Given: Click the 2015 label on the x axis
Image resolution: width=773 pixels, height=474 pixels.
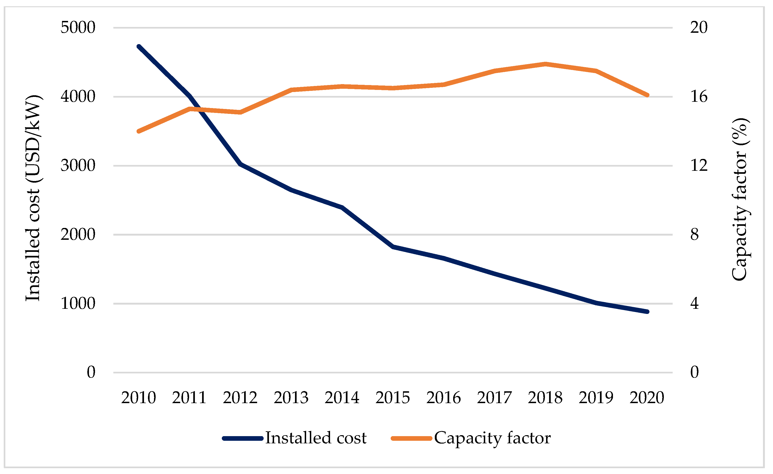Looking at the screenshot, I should pyautogui.click(x=393, y=398).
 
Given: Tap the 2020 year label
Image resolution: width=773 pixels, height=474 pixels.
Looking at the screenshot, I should pyautogui.click(x=647, y=398).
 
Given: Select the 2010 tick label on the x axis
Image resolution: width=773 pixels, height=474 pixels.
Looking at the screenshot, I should pyautogui.click(x=138, y=398).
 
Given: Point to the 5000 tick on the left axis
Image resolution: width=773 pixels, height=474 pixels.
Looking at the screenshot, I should pyautogui.click(x=78, y=27).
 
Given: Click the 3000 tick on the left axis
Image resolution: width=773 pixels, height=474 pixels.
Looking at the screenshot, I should pyautogui.click(x=78, y=165).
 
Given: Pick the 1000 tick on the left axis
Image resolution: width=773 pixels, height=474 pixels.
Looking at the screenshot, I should pyautogui.click(x=78, y=303).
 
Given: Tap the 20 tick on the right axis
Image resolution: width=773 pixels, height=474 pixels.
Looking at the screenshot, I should pyautogui.click(x=699, y=27).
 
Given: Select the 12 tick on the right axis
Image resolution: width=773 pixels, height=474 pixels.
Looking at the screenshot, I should pyautogui.click(x=699, y=165).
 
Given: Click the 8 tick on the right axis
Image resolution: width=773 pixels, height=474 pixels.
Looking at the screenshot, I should pyautogui.click(x=694, y=234).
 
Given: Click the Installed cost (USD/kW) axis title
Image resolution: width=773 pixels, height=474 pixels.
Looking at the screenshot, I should pyautogui.click(x=33, y=198).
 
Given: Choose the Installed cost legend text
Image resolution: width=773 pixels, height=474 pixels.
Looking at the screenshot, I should pyautogui.click(x=316, y=438).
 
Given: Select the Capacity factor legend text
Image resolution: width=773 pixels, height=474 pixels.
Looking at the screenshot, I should pyautogui.click(x=492, y=438).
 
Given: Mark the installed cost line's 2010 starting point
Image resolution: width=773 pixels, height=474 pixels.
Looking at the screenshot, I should pyautogui.click(x=139, y=47).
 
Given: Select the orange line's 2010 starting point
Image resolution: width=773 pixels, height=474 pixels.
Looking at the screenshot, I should pyautogui.click(x=139, y=131).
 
